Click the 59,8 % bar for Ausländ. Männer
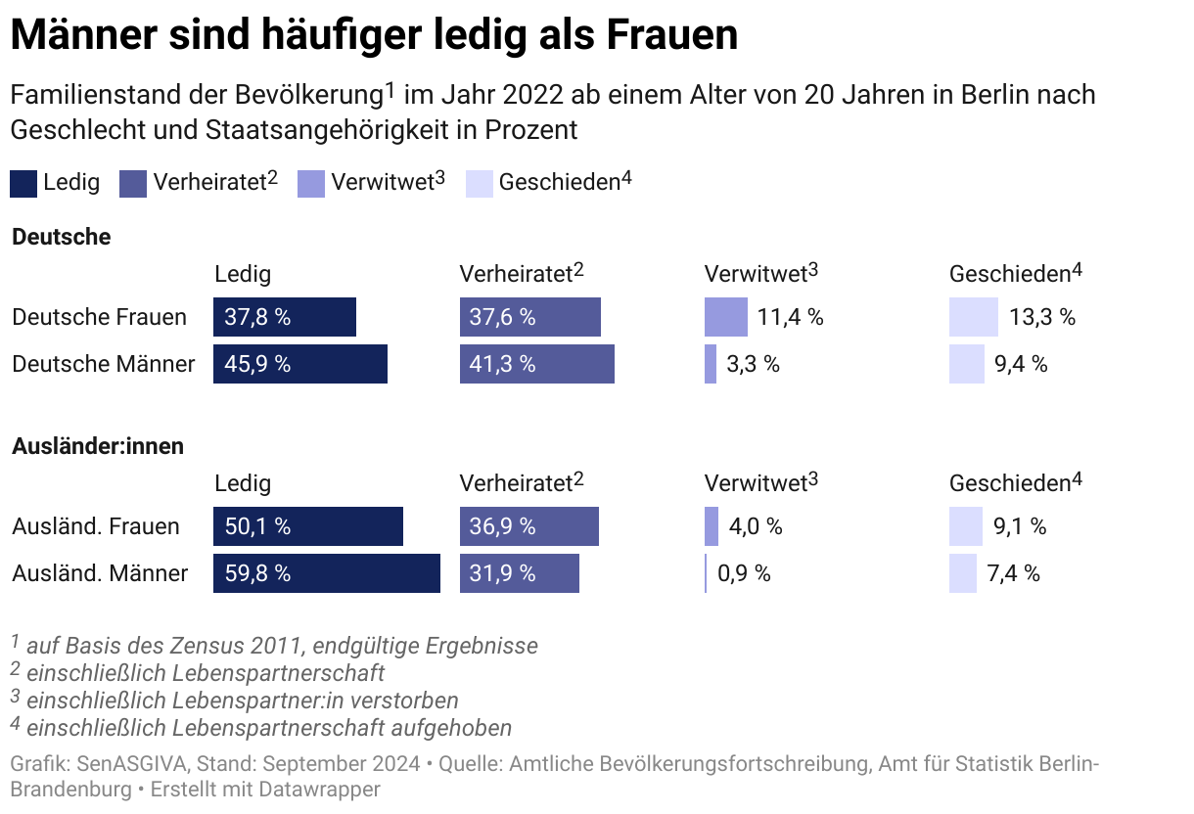pos(326,573)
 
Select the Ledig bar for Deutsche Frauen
pos(284,317)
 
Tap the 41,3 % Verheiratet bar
pos(536,364)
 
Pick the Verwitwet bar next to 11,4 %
pos(725,317)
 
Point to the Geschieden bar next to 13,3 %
pos(973,317)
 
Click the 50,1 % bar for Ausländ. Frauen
pos(307,526)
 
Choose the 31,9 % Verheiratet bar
pos(519,573)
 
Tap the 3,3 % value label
pos(753,364)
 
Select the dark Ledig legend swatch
pos(23,183)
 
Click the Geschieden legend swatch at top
pos(480,183)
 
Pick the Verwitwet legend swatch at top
pos(311,183)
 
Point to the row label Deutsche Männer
pos(103,364)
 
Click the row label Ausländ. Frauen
pos(96,526)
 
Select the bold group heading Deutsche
pos(61,237)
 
